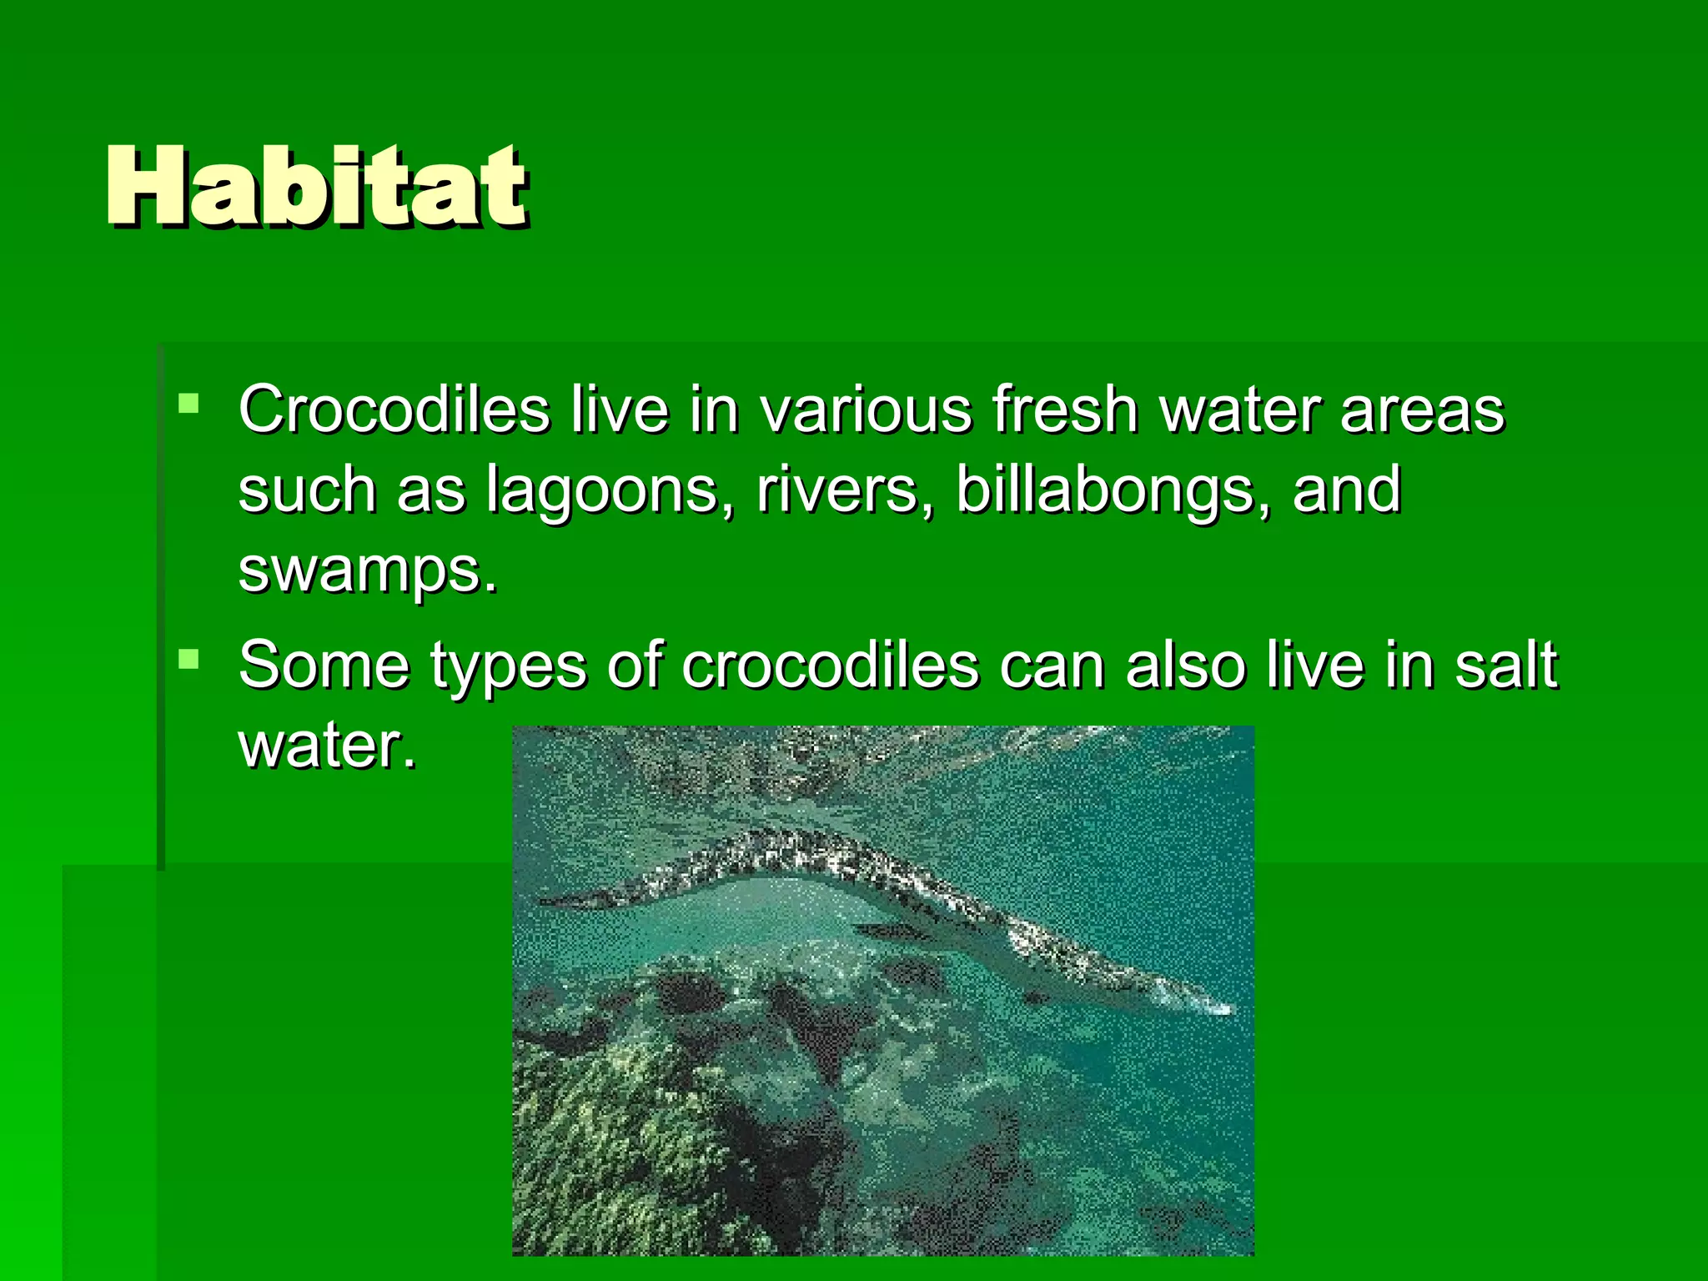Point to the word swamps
(x=367, y=570)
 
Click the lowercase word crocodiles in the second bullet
(x=830, y=665)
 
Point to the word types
(x=508, y=666)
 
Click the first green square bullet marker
(x=189, y=404)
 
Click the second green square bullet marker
(x=189, y=660)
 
